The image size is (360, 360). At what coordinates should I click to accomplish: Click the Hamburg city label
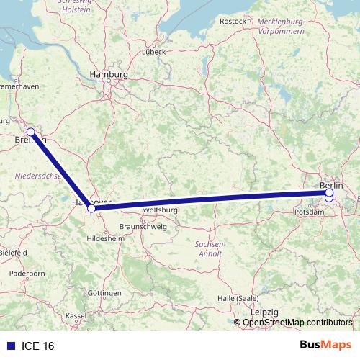pos(108,74)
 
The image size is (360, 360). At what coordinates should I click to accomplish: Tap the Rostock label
pos(233,22)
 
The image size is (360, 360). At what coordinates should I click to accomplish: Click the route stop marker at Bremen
pos(31,132)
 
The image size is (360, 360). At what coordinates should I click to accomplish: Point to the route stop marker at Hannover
pos(91,209)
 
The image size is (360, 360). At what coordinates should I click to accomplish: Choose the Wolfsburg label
pos(160,210)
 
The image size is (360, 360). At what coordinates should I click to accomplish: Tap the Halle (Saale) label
pos(238,298)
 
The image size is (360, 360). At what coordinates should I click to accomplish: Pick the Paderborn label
pos(28,274)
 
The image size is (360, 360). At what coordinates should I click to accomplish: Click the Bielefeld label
pos(14,253)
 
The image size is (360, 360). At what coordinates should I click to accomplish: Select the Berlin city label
pos(333,185)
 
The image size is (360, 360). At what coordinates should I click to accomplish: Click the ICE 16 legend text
pos(38,346)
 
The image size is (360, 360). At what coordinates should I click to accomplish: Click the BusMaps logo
pos(325,346)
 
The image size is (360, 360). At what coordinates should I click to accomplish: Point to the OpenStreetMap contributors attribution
pos(297,323)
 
